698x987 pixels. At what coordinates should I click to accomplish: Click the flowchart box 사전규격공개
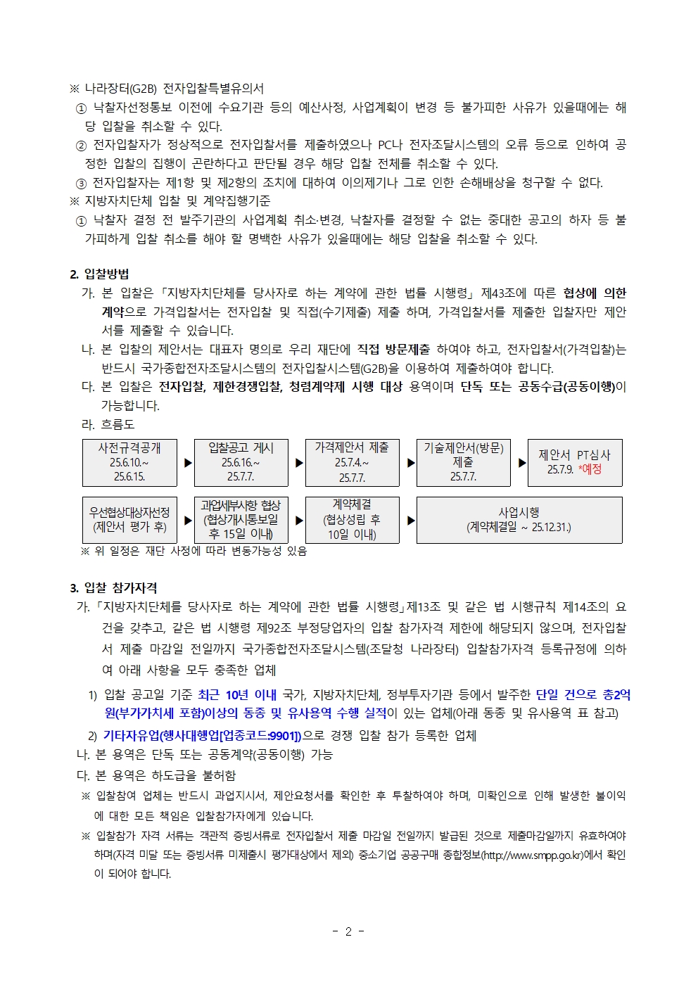pyautogui.click(x=129, y=462)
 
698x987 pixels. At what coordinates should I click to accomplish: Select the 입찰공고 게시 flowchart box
pyautogui.click(x=241, y=462)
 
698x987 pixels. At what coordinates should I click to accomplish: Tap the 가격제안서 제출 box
pyautogui.click(x=352, y=462)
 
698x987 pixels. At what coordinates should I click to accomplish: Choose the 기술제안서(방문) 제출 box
pyautogui.click(x=463, y=462)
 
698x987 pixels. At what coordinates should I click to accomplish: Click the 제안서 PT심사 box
pyautogui.click(x=574, y=462)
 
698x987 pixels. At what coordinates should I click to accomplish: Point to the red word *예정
pyautogui.click(x=590, y=469)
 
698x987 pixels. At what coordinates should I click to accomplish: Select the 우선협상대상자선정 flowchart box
pyautogui.click(x=129, y=520)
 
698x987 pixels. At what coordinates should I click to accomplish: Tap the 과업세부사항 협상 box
pyautogui.click(x=241, y=520)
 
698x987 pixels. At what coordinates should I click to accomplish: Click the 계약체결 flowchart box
pyautogui.click(x=352, y=520)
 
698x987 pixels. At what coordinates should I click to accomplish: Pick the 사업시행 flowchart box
pyautogui.click(x=519, y=520)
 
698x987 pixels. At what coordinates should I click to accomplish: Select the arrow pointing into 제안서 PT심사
pyautogui.click(x=522, y=463)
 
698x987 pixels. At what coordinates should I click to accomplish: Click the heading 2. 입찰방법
pyautogui.click(x=99, y=274)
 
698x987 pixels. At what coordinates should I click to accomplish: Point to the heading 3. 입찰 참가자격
pyautogui.click(x=113, y=588)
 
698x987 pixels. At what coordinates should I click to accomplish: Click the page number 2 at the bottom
pyautogui.click(x=348, y=931)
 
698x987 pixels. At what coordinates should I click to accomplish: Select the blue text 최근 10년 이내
pyautogui.click(x=237, y=695)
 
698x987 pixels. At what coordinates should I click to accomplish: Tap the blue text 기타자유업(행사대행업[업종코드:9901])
pyautogui.click(x=202, y=736)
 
